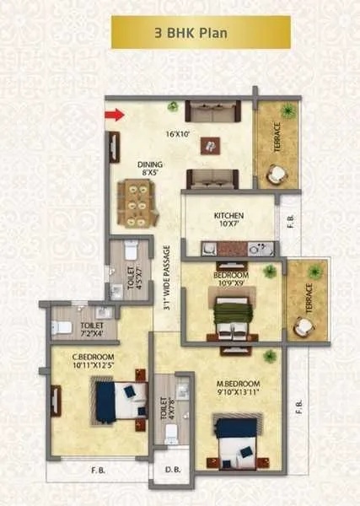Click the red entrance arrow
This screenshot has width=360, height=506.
tap(113, 116)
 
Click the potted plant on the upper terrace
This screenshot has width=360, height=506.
tap(287, 110)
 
